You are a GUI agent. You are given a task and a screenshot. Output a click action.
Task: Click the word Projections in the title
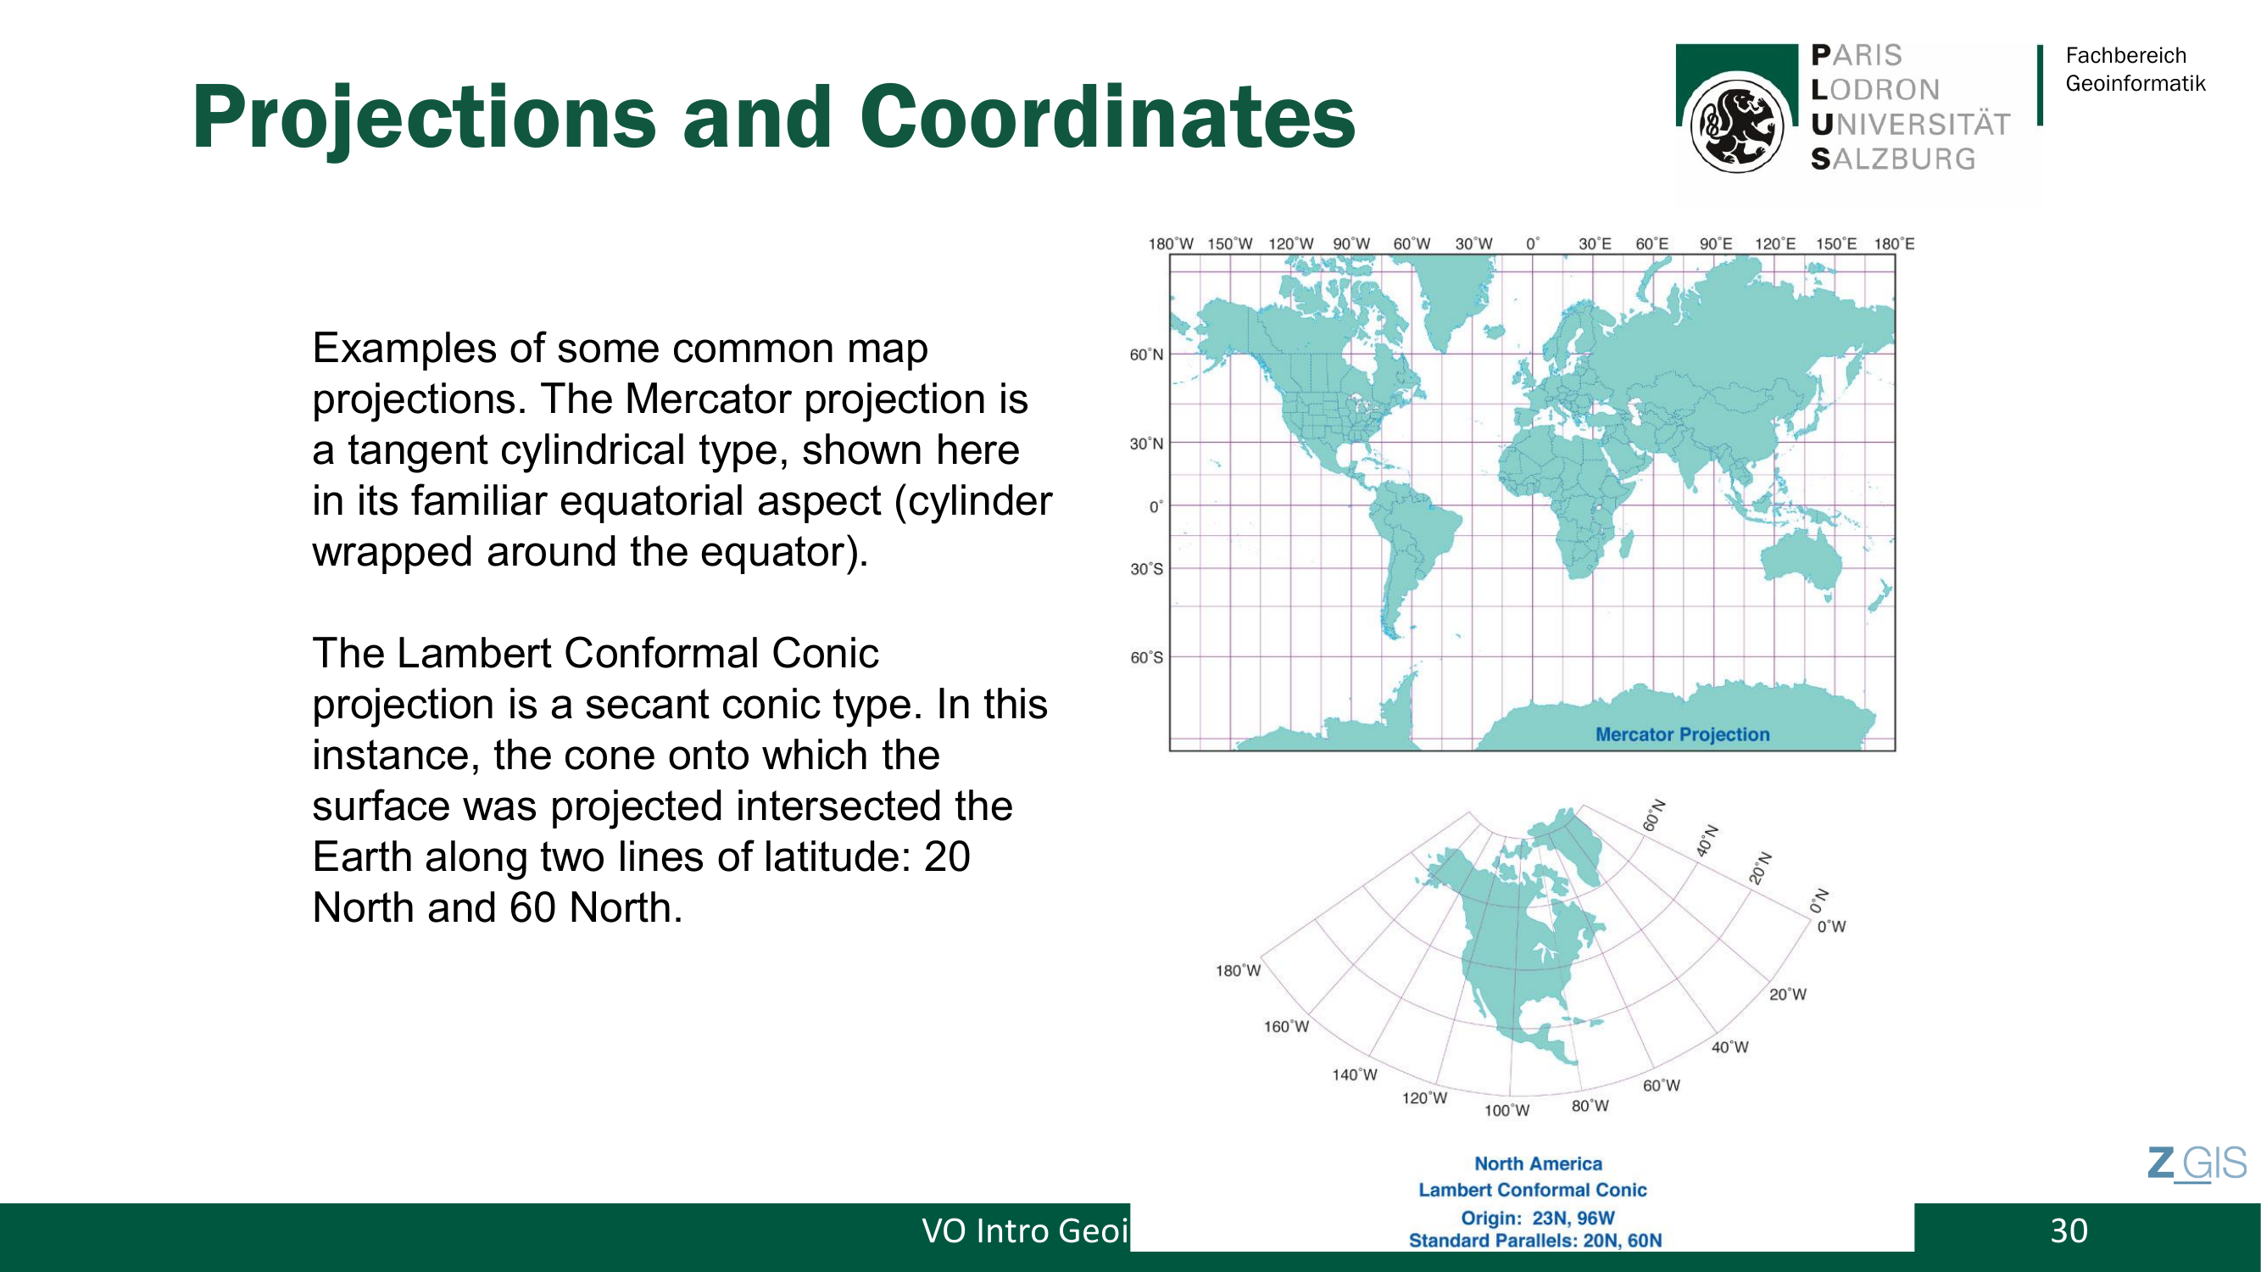424,119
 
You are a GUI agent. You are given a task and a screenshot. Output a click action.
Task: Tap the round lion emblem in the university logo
1736,124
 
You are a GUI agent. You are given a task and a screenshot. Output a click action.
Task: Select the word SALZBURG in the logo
1893,159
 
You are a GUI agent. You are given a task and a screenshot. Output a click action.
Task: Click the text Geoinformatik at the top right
2135,83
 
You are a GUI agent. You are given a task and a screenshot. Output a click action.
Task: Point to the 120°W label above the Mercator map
1290,243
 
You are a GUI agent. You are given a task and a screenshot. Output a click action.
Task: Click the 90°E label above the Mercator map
1715,243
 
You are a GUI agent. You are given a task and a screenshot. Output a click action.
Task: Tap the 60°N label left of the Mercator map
1145,354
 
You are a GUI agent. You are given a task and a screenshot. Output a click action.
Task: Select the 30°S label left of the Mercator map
1145,569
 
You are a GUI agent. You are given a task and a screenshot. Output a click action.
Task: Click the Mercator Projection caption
1682,734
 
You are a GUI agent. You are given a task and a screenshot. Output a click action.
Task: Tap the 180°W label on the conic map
1238,970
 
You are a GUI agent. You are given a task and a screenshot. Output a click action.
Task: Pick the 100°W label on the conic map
1506,1111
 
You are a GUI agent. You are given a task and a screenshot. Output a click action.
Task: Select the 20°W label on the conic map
1787,995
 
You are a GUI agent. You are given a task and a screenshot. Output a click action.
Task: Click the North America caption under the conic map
1538,1163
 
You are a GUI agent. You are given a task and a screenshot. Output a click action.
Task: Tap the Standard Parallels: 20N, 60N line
1535,1241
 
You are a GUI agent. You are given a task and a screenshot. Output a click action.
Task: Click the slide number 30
2069,1230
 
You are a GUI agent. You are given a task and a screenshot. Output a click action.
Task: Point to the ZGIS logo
2197,1164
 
